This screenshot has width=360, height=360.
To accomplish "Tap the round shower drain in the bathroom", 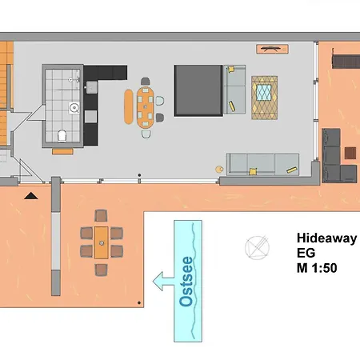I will click(x=74, y=106).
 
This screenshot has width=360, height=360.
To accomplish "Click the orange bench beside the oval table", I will click(x=128, y=106).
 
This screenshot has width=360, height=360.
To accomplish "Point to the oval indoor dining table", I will click(x=146, y=105).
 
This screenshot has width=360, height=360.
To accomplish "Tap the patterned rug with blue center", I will click(x=265, y=97).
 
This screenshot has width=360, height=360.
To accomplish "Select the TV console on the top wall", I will click(x=269, y=49).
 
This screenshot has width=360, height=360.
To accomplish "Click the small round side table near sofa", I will click(x=218, y=169).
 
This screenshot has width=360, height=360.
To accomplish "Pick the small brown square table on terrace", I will click(x=351, y=151).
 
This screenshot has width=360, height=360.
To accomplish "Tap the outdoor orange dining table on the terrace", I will click(x=102, y=240).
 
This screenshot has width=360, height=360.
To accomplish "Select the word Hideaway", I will click(x=327, y=238).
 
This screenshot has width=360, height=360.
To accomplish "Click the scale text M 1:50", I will click(x=317, y=269).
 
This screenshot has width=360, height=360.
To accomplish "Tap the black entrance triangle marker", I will click(x=30, y=194).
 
